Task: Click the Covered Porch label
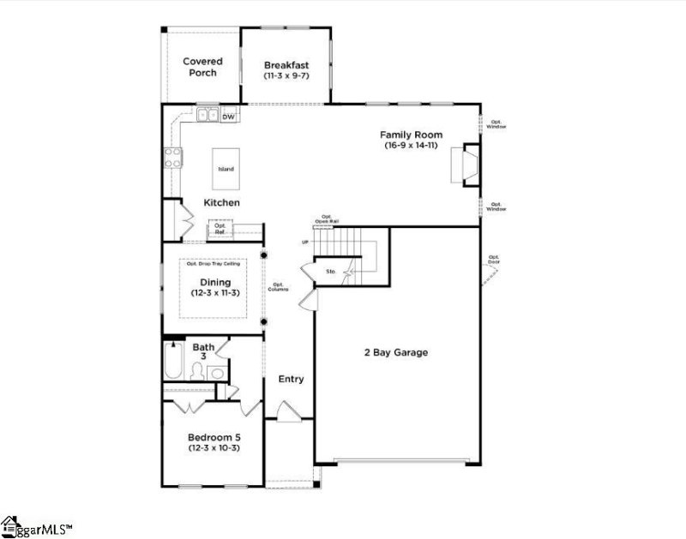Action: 202,67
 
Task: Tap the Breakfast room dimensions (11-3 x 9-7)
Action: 286,76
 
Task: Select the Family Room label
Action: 412,135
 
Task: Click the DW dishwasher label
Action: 228,117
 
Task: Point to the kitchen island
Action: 226,168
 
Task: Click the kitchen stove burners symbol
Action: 172,157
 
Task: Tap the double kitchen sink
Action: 207,115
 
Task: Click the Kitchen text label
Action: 221,202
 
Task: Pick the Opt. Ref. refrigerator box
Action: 220,228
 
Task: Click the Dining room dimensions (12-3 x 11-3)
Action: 215,293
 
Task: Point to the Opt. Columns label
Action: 278,287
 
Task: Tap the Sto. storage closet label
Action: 330,272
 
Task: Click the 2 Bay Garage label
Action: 396,352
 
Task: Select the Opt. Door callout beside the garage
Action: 494,259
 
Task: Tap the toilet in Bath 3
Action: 198,371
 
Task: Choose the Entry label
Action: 290,379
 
